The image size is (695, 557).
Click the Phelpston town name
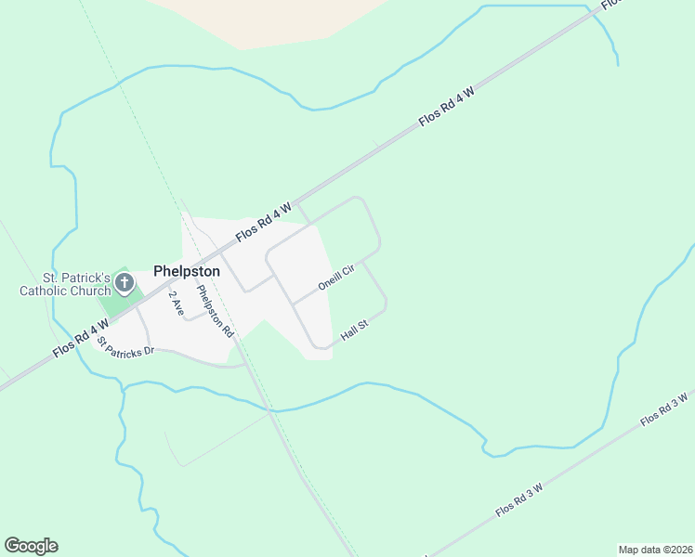[186, 271]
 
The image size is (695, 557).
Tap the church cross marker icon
[125, 279]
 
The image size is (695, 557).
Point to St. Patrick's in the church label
[76, 278]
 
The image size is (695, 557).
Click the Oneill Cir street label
[336, 278]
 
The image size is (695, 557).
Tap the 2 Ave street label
[176, 303]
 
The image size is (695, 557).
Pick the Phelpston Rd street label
[215, 310]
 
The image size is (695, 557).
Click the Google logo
[31, 546]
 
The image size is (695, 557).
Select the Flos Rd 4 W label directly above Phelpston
[264, 222]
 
